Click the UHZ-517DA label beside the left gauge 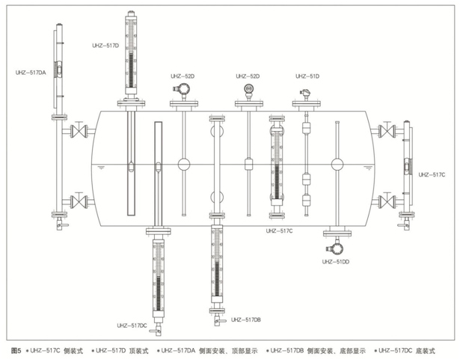tap(31, 73)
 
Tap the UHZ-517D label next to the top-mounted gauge tap(105, 46)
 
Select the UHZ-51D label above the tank tap(307, 76)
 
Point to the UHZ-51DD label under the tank tap(336, 262)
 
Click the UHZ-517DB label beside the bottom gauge tap(245, 320)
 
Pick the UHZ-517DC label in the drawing tap(132, 326)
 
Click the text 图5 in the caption tap(16, 350)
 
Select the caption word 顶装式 tap(139, 350)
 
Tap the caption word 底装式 tap(426, 350)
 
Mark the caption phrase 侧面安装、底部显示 tap(336, 350)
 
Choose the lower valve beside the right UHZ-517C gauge tap(387, 201)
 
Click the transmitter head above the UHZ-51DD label tap(335, 248)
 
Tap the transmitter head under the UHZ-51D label tap(305, 95)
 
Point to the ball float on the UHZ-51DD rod tap(337, 165)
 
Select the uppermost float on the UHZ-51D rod tap(306, 128)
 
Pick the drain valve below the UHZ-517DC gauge tap(156, 329)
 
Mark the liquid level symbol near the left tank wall tap(102, 168)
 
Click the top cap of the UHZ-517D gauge tap(131, 13)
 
